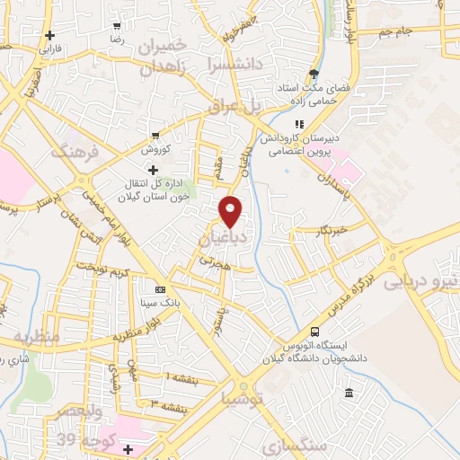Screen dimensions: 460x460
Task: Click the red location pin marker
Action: tap(231, 212)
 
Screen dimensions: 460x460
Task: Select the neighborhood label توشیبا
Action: tap(243, 396)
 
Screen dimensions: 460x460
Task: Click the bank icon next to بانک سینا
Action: tap(160, 289)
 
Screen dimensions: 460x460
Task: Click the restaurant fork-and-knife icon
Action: tap(298, 125)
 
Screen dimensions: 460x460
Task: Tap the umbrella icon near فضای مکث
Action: tap(313, 75)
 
